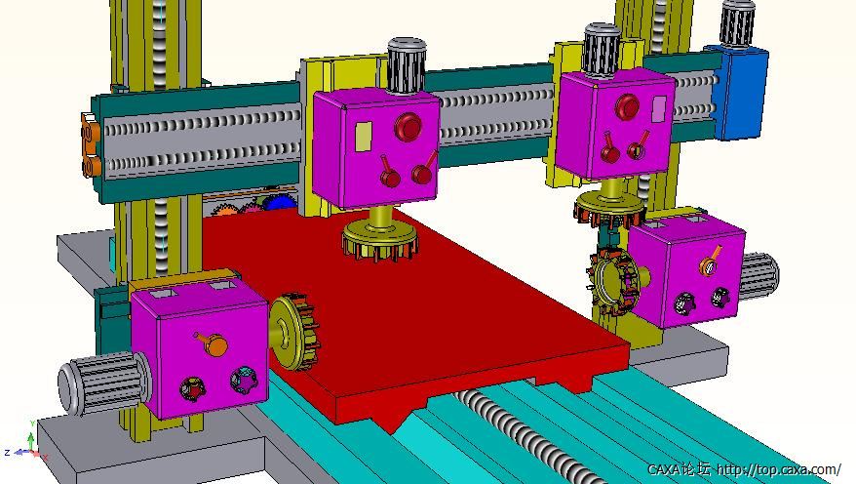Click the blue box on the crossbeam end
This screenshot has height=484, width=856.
[738, 91]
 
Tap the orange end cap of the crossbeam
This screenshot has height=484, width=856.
[91, 144]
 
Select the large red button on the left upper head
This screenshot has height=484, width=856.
[408, 126]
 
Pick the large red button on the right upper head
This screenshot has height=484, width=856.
[627, 106]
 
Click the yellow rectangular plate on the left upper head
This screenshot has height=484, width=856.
[364, 136]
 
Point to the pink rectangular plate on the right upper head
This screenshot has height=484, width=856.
[659, 108]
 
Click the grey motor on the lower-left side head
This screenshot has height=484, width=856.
[103, 383]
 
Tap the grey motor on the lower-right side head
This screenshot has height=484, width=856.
[759, 276]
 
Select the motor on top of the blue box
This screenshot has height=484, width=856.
[736, 23]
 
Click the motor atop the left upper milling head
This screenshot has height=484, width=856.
[407, 65]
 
